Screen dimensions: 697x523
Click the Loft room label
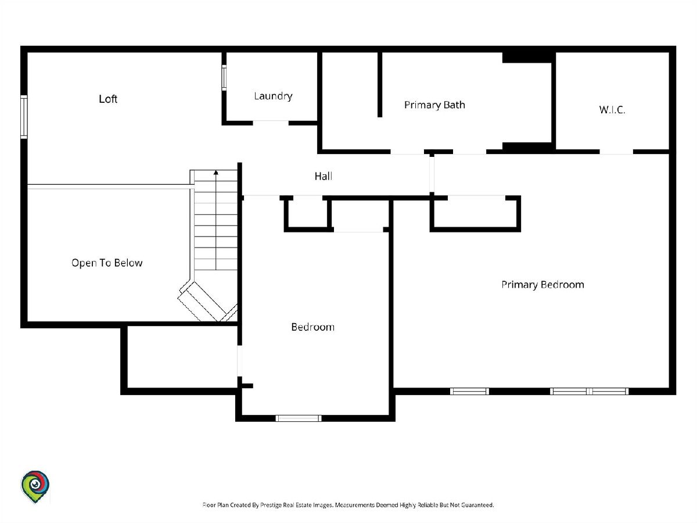click(108, 99)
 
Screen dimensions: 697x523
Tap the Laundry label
click(273, 96)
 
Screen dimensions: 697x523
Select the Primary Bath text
click(434, 105)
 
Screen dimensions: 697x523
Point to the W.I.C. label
click(612, 110)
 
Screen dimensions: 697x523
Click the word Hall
click(324, 176)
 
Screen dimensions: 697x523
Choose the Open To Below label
click(107, 263)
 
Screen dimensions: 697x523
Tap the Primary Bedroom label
click(542, 285)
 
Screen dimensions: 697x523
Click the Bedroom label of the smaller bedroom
click(312, 327)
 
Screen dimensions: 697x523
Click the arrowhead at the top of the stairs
click(216, 173)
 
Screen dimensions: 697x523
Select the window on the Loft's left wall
click(24, 117)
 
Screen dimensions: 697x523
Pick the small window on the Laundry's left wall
click(224, 77)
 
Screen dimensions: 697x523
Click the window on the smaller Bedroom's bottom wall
click(298, 418)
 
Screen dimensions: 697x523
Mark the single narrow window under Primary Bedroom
click(469, 391)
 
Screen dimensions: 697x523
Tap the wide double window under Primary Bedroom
click(589, 391)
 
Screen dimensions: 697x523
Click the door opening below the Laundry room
click(271, 122)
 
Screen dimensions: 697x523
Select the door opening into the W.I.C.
click(616, 152)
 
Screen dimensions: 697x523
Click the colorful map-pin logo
click(35, 486)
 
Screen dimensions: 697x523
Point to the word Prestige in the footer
click(271, 505)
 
